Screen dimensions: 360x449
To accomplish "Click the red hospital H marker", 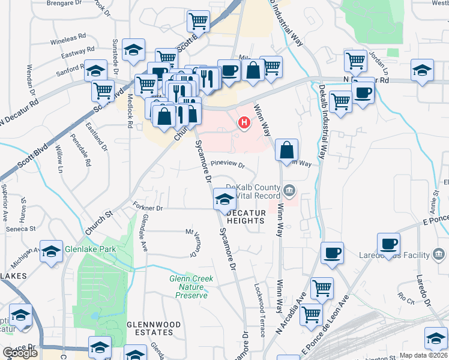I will click(x=244, y=124).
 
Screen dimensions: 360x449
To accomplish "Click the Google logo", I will click(x=20, y=353).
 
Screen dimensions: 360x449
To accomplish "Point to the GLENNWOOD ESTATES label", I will click(x=154, y=328).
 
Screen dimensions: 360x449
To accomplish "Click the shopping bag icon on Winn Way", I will click(x=288, y=149).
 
